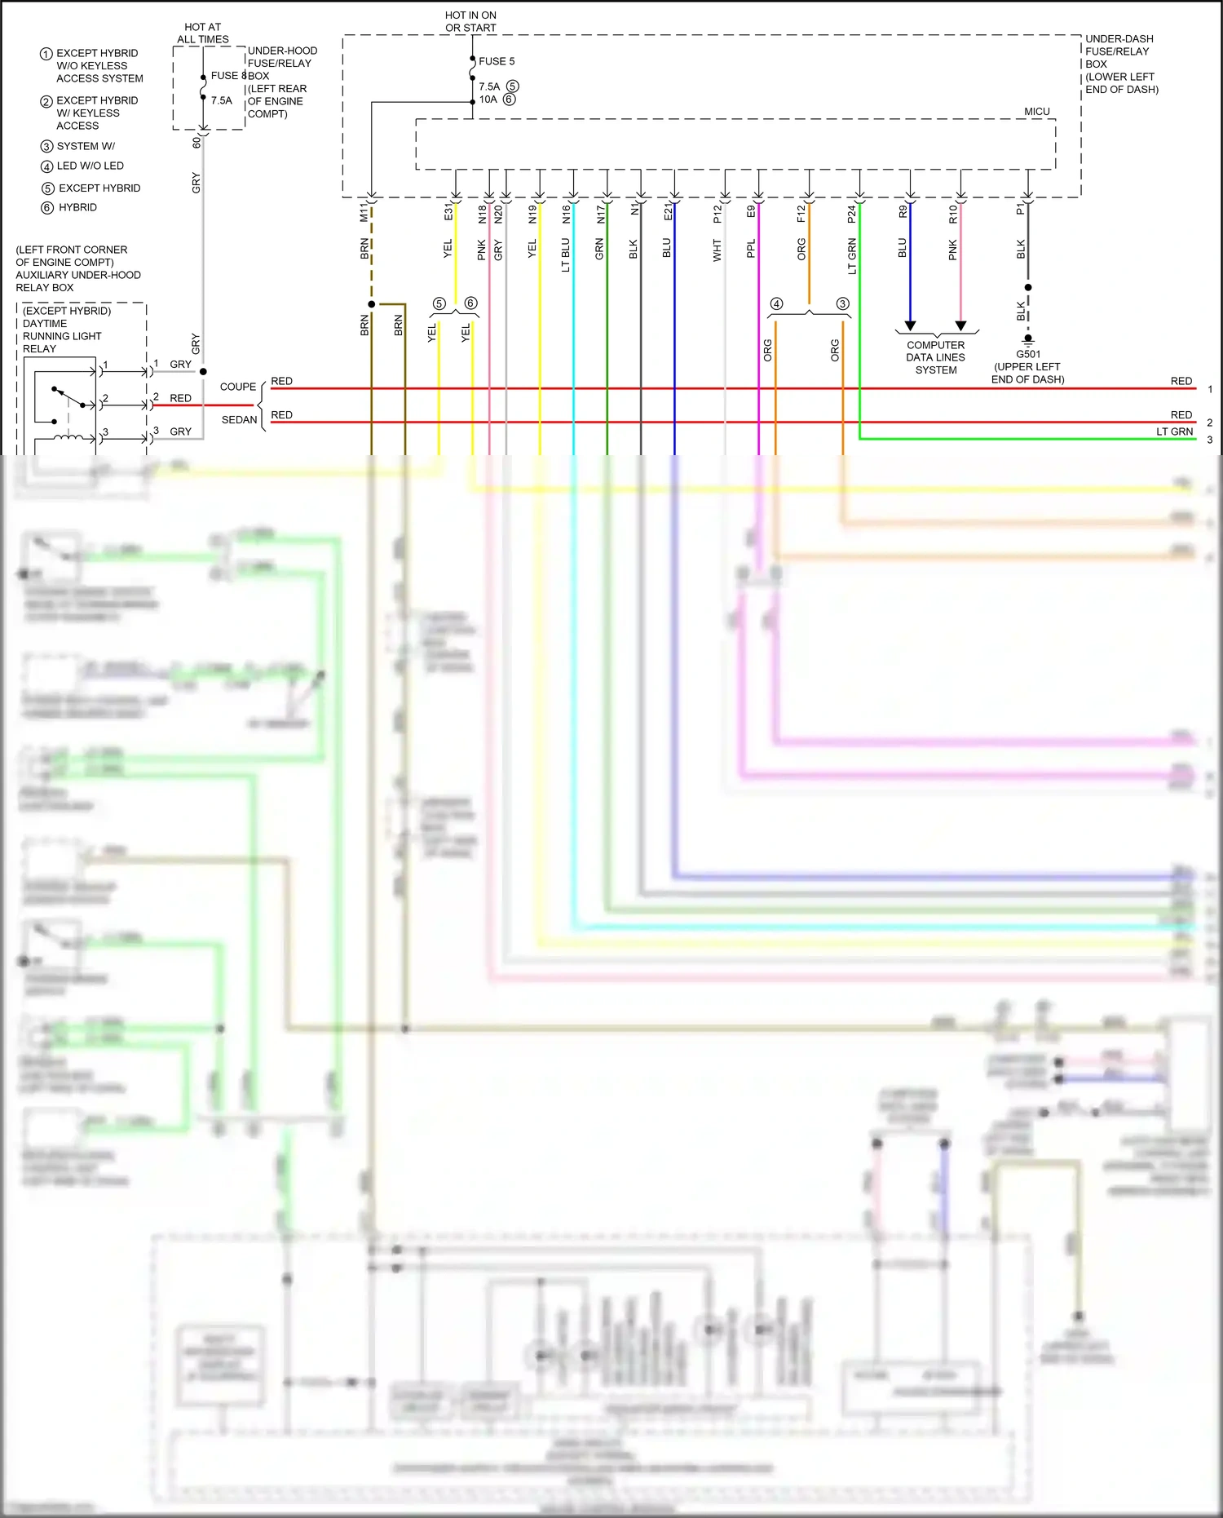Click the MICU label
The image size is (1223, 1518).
point(1036,112)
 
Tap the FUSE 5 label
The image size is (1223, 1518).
point(496,61)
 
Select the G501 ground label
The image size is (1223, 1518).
point(1027,354)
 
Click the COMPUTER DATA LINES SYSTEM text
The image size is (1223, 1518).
point(935,357)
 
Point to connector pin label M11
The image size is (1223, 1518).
point(364,214)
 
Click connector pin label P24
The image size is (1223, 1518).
point(851,214)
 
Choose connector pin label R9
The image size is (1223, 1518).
point(903,211)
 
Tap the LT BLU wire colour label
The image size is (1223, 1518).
point(566,254)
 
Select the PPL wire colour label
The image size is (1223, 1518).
point(751,248)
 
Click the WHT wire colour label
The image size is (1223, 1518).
point(717,250)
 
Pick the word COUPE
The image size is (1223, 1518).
point(238,387)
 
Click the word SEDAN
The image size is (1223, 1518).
point(239,420)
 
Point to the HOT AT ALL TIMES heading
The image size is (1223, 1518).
point(202,33)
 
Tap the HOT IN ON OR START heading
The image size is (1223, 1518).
point(470,21)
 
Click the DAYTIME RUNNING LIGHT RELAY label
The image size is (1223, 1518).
point(62,330)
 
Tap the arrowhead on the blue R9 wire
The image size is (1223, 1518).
point(910,325)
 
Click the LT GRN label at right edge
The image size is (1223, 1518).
point(1174,432)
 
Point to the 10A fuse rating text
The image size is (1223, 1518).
point(488,100)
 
